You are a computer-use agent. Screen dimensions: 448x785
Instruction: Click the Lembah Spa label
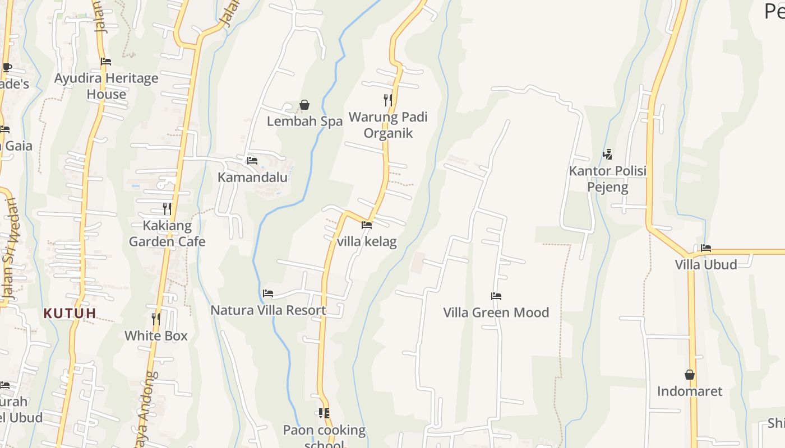[304, 122]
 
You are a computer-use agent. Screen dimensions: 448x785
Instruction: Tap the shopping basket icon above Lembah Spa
[304, 105]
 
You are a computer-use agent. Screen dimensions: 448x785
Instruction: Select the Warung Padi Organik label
[388, 125]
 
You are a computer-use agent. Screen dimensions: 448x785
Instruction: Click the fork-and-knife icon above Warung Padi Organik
[387, 100]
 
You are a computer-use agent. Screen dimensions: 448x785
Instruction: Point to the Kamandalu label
[252, 178]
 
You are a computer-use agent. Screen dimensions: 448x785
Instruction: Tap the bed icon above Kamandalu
[252, 161]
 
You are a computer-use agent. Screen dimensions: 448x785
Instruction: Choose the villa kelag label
[367, 242]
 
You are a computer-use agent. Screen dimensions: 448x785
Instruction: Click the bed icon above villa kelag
[367, 225]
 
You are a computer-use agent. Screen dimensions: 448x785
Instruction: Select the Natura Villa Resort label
[268, 310]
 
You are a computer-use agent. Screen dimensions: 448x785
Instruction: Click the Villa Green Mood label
[496, 312]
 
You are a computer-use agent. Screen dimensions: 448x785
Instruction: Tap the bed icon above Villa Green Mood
[496, 296]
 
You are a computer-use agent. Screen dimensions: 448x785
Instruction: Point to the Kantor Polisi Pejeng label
[608, 179]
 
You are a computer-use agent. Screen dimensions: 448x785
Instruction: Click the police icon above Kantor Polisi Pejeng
[607, 154]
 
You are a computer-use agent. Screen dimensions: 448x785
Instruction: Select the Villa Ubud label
[706, 264]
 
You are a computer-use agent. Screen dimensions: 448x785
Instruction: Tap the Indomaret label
[690, 391]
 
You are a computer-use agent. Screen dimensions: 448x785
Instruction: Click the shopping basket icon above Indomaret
[690, 375]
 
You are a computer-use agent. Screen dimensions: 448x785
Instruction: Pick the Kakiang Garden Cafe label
[167, 234]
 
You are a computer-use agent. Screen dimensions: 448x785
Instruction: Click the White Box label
[156, 336]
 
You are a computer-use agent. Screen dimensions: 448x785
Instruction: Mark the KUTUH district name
[70, 314]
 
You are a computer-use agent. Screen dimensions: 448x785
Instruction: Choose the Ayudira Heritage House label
[106, 86]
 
